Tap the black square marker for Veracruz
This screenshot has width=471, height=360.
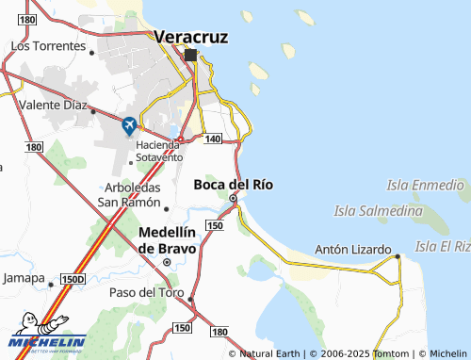point(191,55)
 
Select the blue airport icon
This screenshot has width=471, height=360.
point(129,124)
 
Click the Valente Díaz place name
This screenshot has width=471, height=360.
point(53,106)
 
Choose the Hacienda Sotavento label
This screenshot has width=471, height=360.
point(158,151)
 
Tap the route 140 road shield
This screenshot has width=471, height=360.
point(212,139)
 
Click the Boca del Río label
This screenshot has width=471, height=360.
point(233,185)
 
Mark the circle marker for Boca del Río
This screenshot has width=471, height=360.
point(233,199)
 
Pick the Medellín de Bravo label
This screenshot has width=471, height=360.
point(167,240)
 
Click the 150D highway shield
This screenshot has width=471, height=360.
point(73,279)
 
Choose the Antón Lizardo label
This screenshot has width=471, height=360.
point(352,250)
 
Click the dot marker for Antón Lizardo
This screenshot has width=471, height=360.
point(398,255)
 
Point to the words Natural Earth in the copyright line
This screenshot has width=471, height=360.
point(270,353)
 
